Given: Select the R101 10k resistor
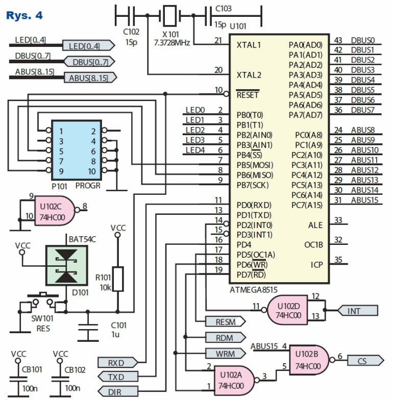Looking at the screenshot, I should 118,279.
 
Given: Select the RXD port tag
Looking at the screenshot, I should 117,363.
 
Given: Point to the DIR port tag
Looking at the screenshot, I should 117,391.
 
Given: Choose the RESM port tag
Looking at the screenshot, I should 224,321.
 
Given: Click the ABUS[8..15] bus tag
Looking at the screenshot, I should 89,78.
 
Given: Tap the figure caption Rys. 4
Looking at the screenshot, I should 24,15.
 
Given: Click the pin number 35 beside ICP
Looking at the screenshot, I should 338,260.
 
